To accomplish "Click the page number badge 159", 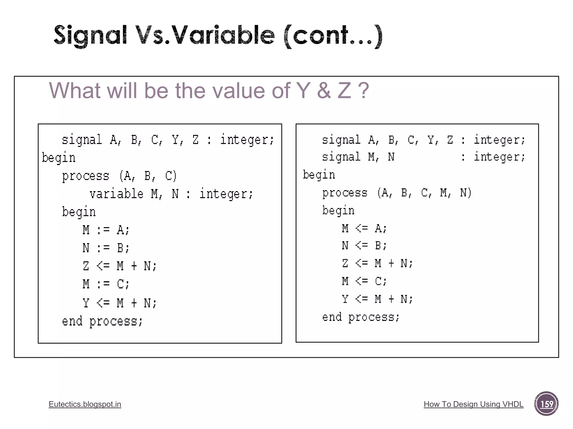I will (x=546, y=404).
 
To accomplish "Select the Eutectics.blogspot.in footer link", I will (x=85, y=404).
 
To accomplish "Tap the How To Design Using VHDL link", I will (x=473, y=404).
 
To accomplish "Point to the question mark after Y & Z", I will (x=363, y=91).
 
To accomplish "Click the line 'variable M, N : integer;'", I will (x=171, y=194).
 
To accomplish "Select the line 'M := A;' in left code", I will (x=106, y=230).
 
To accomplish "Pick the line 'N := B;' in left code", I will (x=106, y=248).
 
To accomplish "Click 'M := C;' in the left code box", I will (x=106, y=284).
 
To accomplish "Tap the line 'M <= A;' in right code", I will (x=364, y=228).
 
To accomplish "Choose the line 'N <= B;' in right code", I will (x=364, y=246).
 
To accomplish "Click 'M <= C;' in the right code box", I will (x=364, y=281).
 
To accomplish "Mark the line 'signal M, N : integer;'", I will (x=423, y=157).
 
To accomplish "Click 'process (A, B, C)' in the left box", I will (x=119, y=176).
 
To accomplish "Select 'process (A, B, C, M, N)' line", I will (x=397, y=193).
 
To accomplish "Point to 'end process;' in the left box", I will (x=102, y=321).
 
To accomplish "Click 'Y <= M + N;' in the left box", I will (x=119, y=303).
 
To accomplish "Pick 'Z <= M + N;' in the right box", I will (x=377, y=263).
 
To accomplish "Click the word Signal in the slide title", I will (x=90, y=35).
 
